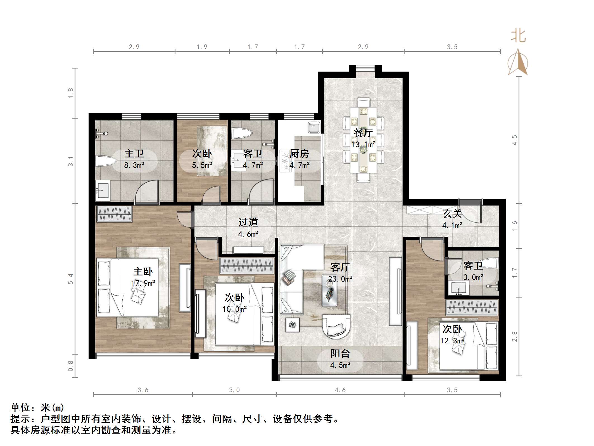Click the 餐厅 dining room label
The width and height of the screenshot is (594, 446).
[x=363, y=133]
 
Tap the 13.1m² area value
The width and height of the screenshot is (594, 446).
[x=363, y=145]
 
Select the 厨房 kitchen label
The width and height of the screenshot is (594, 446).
[x=299, y=154]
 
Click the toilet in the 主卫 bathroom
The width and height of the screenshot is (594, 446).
[x=106, y=161]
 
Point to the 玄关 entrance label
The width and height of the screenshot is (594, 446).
[x=452, y=214]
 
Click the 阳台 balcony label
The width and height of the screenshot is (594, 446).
[x=340, y=353]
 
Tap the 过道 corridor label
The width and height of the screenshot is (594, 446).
[x=248, y=222]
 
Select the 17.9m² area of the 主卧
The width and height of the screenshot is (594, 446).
[x=143, y=283]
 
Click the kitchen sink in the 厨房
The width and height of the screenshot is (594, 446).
[x=314, y=128]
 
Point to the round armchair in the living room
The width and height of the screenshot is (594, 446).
[x=336, y=326]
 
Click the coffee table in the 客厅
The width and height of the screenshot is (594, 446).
[x=329, y=291]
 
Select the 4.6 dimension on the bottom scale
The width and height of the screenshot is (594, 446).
[x=340, y=390]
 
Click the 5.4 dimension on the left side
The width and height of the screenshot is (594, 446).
[x=70, y=279]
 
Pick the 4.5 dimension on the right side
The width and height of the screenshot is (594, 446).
[x=514, y=140]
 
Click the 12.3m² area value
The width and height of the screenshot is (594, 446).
[x=452, y=341]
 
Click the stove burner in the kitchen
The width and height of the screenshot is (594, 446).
[x=286, y=161]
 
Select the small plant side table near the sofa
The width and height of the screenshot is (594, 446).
[x=292, y=325]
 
